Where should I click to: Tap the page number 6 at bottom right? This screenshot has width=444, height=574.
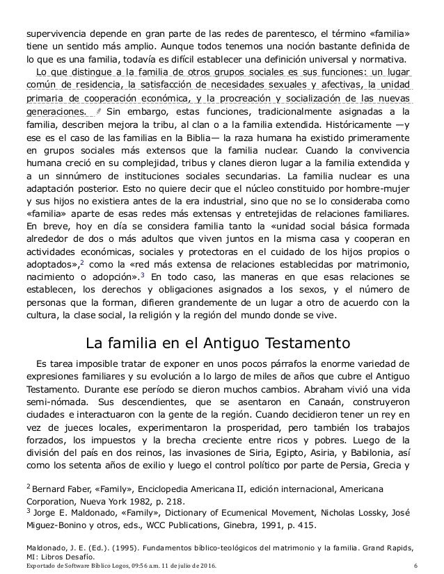[415, 567]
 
